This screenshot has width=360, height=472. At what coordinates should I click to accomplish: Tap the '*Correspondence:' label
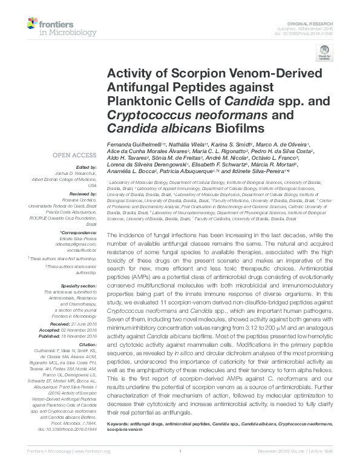(x=80, y=232)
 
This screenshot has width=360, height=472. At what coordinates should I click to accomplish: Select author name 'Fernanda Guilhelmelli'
(x=131, y=145)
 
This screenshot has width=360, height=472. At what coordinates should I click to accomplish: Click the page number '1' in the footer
(x=180, y=467)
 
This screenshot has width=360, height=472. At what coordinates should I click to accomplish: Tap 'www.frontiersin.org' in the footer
(x=90, y=467)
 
